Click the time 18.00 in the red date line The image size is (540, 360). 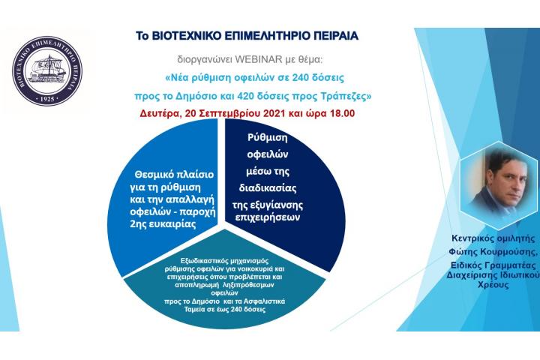click(340, 115)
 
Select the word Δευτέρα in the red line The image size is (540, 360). click(160, 115)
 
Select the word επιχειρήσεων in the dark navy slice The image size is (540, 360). click(283, 218)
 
